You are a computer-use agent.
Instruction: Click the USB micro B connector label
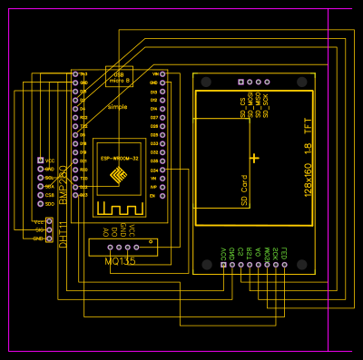119,78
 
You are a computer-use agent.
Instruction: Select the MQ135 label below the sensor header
121,261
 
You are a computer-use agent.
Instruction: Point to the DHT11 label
64,233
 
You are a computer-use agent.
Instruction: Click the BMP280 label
63,181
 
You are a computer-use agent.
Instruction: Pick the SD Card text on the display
244,190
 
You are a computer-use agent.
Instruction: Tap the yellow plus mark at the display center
254,158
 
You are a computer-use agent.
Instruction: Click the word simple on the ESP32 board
117,107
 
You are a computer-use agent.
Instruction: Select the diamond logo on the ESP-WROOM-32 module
118,176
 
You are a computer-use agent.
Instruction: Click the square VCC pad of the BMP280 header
40,161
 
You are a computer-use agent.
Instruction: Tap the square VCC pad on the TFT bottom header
223,264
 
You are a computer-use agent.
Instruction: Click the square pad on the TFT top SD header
240,82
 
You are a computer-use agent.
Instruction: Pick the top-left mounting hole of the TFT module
207,83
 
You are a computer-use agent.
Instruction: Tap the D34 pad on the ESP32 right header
162,170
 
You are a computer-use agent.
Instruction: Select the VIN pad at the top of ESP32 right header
162,73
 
